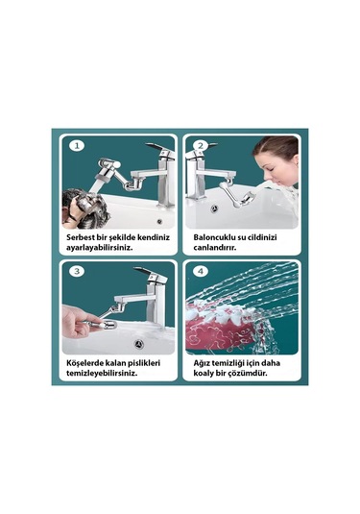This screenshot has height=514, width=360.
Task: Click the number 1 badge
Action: pos(77,145)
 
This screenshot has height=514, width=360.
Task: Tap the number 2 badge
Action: pos(201,145)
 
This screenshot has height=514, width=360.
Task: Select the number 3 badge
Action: pos(77,271)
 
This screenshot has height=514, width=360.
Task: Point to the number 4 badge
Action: pos(201,271)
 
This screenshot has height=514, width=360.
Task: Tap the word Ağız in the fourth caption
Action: pos(201,363)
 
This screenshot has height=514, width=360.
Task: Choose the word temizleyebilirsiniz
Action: pos(102,374)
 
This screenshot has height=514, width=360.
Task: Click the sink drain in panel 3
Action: pos(139,344)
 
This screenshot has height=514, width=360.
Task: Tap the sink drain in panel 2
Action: pos(214,208)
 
